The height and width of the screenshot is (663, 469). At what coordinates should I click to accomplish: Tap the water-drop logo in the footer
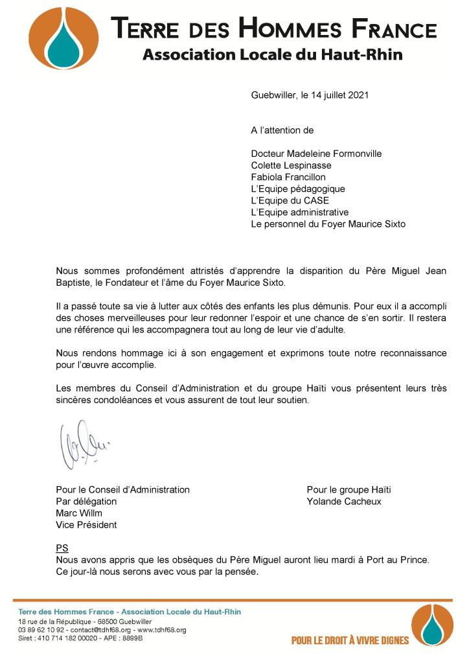(x=432, y=625)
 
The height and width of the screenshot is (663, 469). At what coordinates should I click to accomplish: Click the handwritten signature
(x=81, y=446)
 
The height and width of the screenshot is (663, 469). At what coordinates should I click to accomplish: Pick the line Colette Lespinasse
(x=291, y=165)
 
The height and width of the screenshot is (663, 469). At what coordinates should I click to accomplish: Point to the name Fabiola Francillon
(x=288, y=177)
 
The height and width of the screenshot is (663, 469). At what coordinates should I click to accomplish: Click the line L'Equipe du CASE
(x=290, y=200)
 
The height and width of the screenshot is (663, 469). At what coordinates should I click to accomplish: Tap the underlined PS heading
(x=62, y=548)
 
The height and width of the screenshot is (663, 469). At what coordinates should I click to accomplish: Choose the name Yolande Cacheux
(x=344, y=502)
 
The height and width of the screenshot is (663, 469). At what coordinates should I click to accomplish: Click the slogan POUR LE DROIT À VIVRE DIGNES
(x=350, y=640)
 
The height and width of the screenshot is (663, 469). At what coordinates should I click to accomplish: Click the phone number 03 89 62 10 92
(x=40, y=630)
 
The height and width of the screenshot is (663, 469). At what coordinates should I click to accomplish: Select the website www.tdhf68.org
(x=161, y=630)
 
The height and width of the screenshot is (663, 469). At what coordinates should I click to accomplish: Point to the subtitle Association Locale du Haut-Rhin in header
(x=272, y=55)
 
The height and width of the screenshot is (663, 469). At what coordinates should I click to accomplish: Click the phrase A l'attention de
(x=282, y=130)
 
